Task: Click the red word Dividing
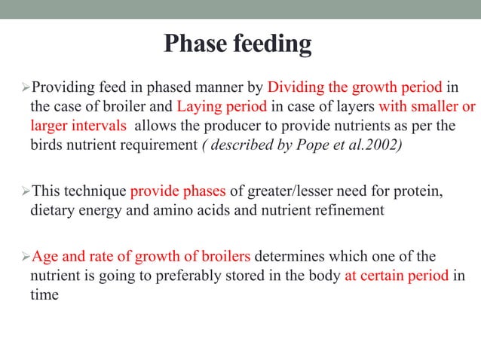coord(293,85)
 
